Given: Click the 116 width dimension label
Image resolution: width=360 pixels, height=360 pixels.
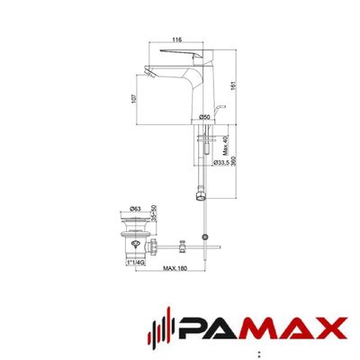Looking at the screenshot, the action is pos(177,40).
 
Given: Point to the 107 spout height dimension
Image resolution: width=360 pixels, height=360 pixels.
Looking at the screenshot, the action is pos(134,100).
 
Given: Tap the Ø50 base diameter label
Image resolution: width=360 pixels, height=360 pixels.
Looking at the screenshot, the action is pos(204,117).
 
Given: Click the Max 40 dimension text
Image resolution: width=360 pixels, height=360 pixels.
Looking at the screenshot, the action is pos(226,146).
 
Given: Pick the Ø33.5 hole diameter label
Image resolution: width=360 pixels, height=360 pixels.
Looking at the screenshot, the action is pos(221,163).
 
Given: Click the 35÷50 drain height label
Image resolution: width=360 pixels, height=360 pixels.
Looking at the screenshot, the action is pos(154,213).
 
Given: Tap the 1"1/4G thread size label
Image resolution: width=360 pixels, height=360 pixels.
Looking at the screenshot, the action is pos(135,262).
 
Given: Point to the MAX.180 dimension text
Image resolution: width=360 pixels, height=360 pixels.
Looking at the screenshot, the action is pos(175,268).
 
